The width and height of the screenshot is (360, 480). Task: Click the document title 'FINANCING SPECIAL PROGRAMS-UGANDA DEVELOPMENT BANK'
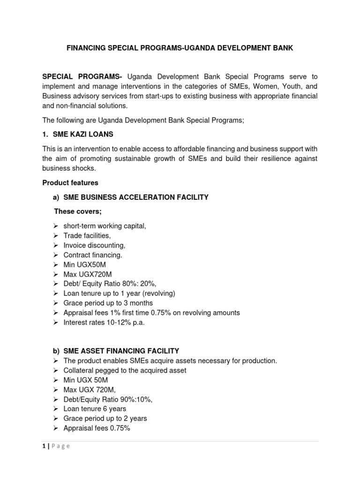click(180, 48)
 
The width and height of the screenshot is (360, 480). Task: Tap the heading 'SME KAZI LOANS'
click(83, 135)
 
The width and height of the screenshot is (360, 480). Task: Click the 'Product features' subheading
click(70, 182)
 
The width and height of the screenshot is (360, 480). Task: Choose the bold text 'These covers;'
click(78, 211)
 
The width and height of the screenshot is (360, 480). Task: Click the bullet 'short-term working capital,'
click(105, 226)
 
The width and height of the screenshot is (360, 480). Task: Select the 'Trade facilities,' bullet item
click(87, 236)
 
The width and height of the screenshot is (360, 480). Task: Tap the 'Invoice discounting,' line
click(94, 245)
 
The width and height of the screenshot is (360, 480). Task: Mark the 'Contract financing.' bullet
click(93, 255)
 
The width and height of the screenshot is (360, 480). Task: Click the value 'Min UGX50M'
click(84, 264)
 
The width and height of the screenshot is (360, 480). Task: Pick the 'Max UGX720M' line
click(88, 274)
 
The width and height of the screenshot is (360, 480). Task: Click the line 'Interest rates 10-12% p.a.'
click(104, 322)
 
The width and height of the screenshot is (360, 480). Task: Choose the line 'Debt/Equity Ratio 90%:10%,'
click(108, 399)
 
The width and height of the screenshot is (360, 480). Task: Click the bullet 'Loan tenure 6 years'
click(95, 409)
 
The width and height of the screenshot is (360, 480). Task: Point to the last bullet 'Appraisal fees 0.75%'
click(97, 428)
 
